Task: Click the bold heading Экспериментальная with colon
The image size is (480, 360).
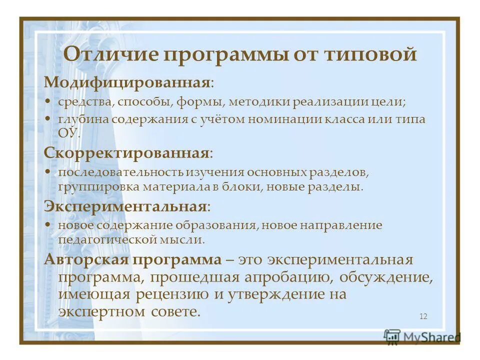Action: coord(126,206)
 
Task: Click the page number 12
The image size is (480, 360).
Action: coord(423,316)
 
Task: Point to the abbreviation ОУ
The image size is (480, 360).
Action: coord(68,132)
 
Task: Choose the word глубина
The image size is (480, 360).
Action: coord(83,120)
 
